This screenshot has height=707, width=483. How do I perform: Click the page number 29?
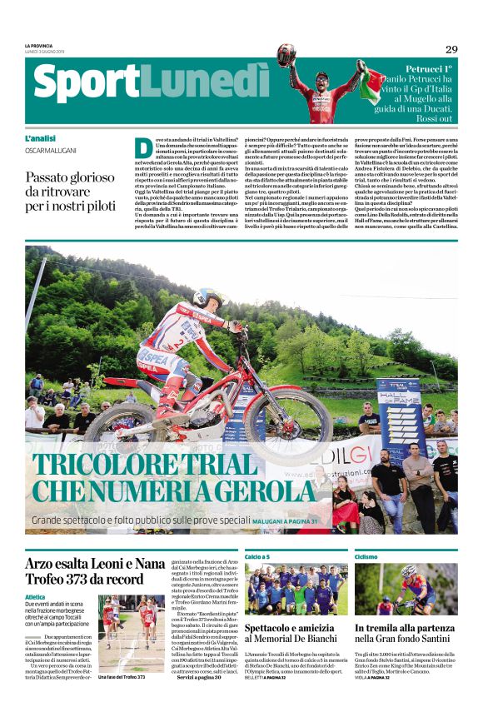(451, 49)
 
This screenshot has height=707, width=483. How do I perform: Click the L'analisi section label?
(41, 138)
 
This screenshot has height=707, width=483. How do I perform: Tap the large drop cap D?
(143, 147)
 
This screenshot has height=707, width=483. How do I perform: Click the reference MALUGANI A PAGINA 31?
(284, 521)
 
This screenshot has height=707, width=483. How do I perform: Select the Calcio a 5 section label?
(257, 555)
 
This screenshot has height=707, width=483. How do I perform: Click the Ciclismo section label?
(366, 555)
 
